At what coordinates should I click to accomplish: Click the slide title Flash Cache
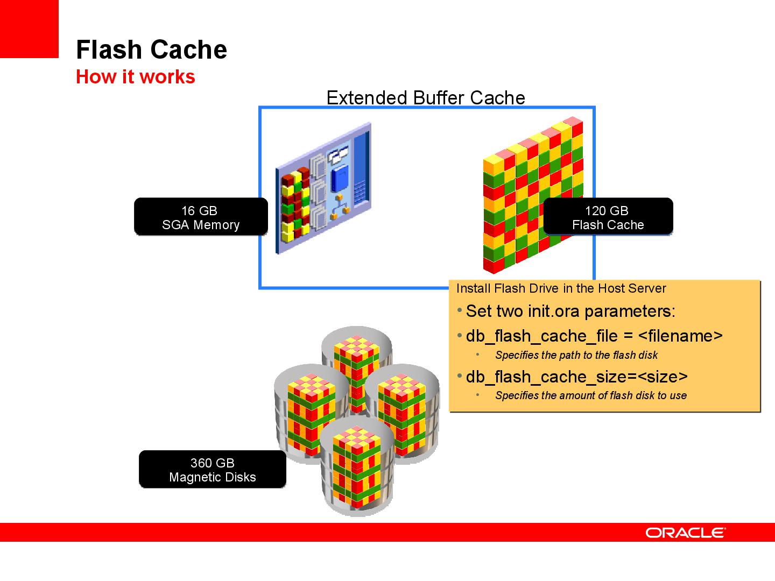(x=151, y=49)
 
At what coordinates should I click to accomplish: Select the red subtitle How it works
(x=135, y=77)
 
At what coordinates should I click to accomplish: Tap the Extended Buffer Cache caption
(x=425, y=98)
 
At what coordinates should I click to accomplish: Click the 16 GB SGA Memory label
(x=200, y=217)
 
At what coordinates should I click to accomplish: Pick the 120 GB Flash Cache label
(x=608, y=217)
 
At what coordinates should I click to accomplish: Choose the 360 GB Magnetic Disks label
(x=212, y=470)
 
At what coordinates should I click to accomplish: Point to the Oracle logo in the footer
(x=685, y=533)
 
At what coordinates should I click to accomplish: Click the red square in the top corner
(x=29, y=28)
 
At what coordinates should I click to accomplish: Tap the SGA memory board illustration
(x=323, y=188)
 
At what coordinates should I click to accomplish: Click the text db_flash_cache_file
(x=541, y=336)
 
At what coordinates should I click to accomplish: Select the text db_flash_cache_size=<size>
(x=576, y=377)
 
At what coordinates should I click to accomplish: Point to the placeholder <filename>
(x=680, y=336)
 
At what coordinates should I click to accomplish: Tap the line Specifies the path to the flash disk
(x=576, y=355)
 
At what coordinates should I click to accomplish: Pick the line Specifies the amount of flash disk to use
(x=590, y=395)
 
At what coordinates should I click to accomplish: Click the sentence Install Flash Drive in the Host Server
(x=561, y=288)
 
